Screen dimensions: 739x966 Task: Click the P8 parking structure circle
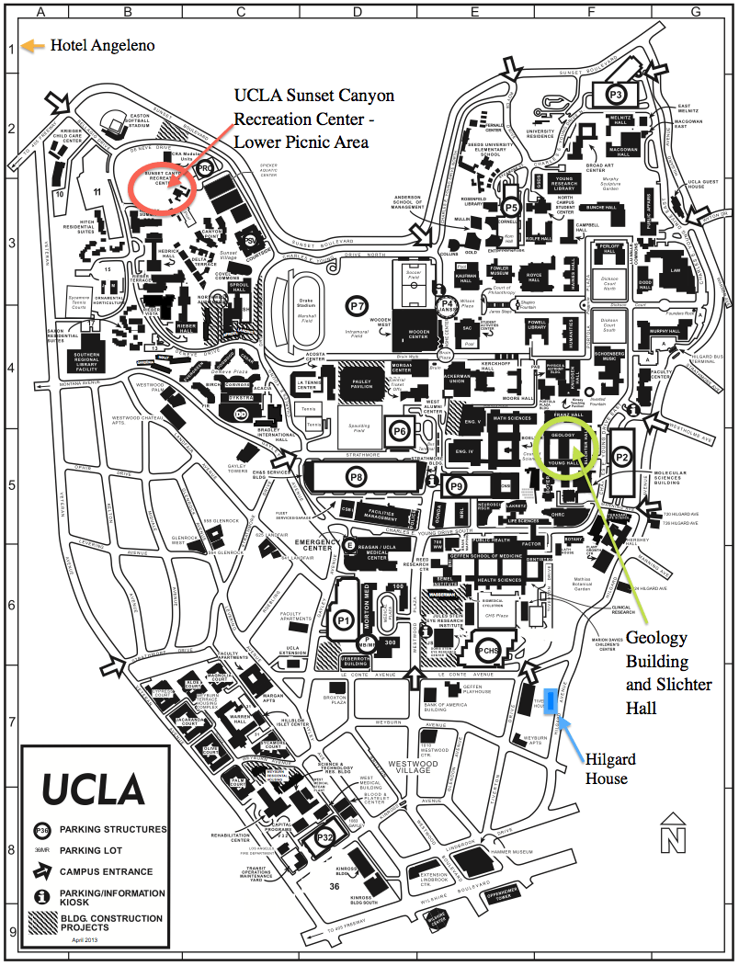(355, 476)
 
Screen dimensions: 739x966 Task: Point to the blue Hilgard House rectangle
(551, 702)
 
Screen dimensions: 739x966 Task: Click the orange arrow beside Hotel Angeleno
(33, 45)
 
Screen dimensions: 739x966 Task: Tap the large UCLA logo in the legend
(93, 789)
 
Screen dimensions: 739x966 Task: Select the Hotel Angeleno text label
(103, 45)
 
